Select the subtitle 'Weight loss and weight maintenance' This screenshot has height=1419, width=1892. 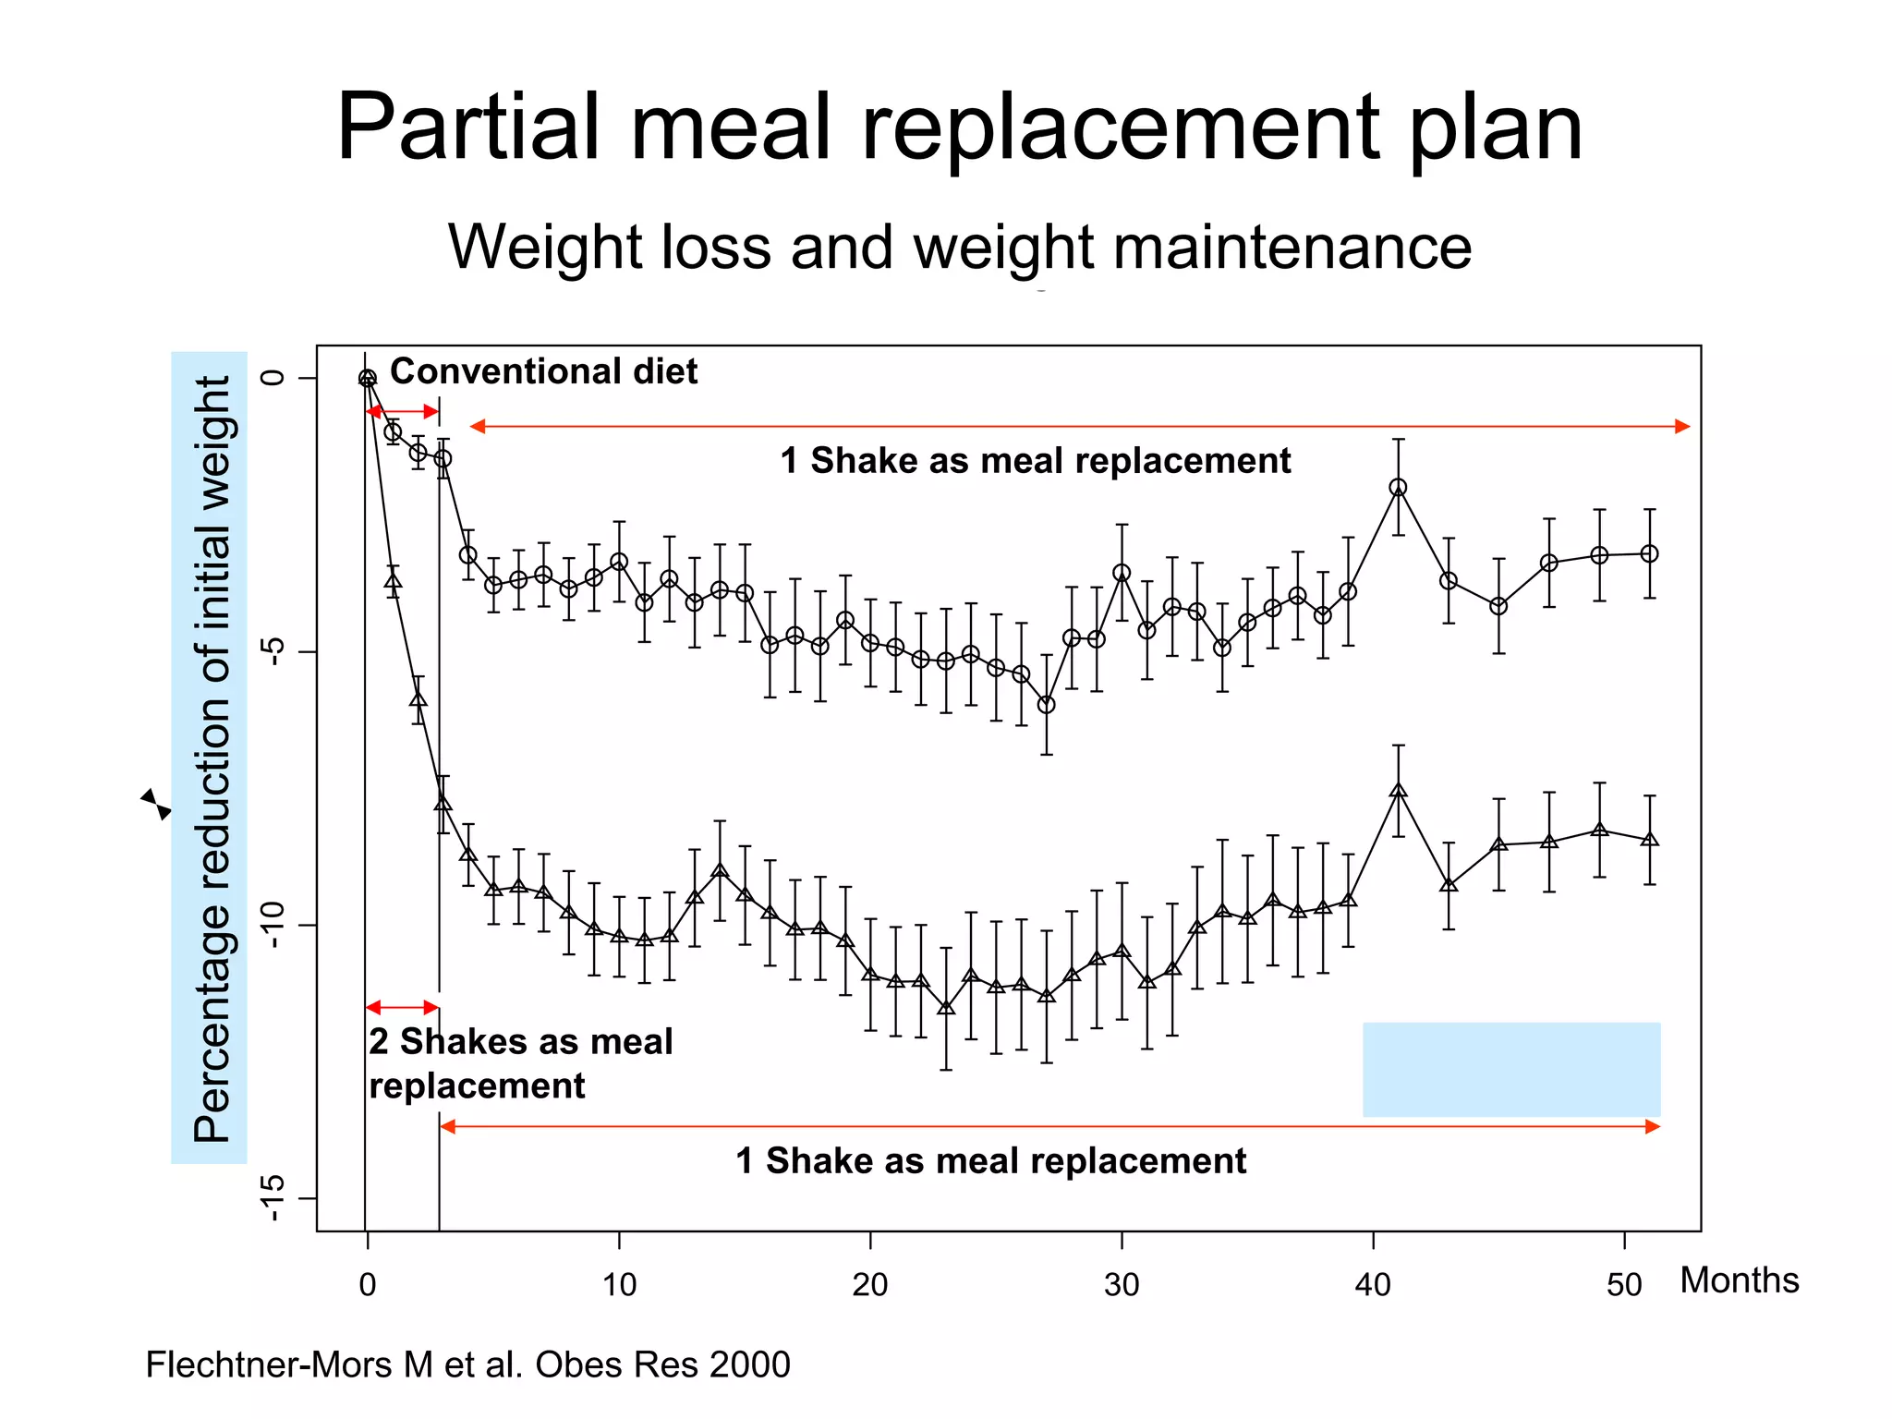click(959, 248)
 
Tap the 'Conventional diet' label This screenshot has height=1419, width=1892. click(543, 371)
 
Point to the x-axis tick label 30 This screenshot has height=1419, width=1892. click(1122, 1285)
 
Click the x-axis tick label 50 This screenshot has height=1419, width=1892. click(1624, 1285)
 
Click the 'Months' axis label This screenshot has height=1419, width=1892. click(1739, 1280)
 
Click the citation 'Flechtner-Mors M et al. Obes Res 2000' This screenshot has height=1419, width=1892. click(467, 1364)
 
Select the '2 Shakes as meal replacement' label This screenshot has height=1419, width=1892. click(520, 1063)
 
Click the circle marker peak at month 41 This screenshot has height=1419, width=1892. click(1398, 488)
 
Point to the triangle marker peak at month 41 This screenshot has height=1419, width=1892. click(1398, 791)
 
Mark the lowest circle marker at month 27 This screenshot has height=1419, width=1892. click(1046, 705)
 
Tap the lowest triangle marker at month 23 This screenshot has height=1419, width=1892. click(945, 1008)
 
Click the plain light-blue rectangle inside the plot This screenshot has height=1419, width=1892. click(1511, 1069)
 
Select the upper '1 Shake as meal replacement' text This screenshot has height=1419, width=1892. click(1035, 460)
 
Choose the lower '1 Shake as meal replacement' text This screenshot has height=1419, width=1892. click(990, 1160)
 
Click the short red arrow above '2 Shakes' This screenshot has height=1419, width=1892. click(402, 1007)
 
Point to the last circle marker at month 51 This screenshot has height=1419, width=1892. click(1649, 554)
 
